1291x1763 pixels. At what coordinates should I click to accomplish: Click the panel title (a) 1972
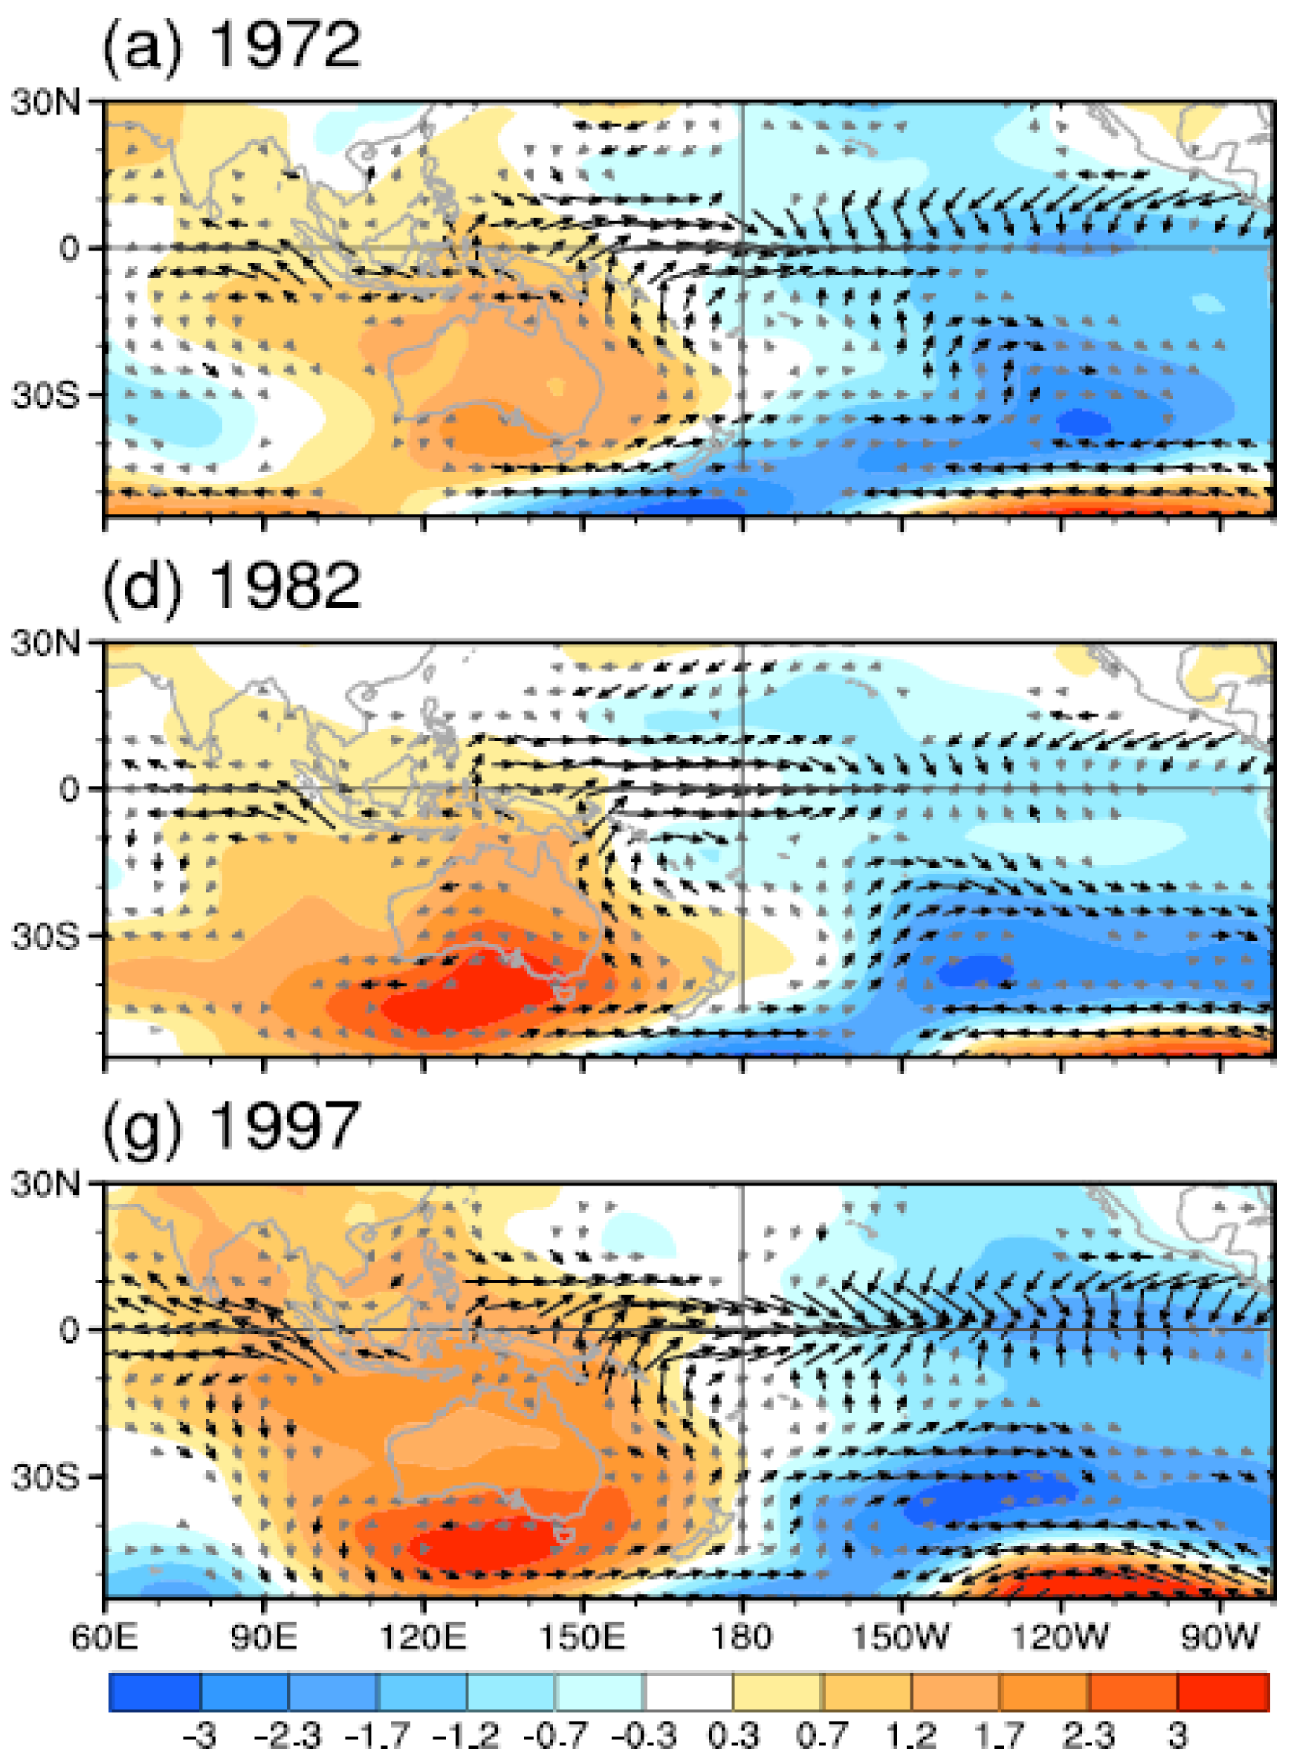pyautogui.click(x=231, y=45)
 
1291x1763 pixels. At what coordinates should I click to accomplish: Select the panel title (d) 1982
pyautogui.click(x=231, y=586)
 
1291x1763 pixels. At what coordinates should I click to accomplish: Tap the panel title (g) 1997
pyautogui.click(x=231, y=1126)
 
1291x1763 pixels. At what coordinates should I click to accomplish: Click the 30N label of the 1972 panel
pyautogui.click(x=45, y=102)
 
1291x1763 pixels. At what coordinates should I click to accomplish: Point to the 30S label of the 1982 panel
pyautogui.click(x=45, y=936)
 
